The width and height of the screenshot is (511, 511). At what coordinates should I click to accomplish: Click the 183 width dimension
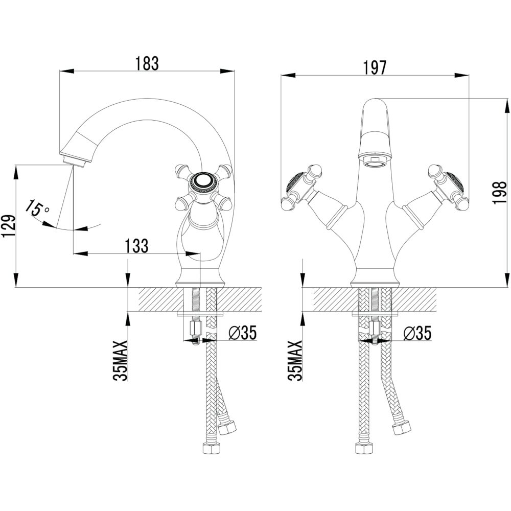pos(147,63)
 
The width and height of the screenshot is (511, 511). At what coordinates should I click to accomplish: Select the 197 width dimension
pos(375,68)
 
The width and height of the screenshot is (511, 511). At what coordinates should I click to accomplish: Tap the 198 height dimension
pos(500,193)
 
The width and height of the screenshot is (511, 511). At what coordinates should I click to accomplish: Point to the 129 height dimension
pos(8,226)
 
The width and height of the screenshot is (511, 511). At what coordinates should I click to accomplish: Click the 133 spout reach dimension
pos(137,246)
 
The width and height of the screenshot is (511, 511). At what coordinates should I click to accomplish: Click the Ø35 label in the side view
pos(243,333)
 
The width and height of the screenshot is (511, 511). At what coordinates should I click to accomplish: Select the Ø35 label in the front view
pos(417,333)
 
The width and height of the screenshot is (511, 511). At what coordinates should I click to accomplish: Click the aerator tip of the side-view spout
pos(76,161)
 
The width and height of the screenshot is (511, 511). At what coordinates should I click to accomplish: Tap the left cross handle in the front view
pos(301,187)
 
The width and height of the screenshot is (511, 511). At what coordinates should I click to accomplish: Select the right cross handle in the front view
pos(449,187)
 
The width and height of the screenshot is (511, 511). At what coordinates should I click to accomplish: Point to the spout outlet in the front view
pos(375,159)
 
